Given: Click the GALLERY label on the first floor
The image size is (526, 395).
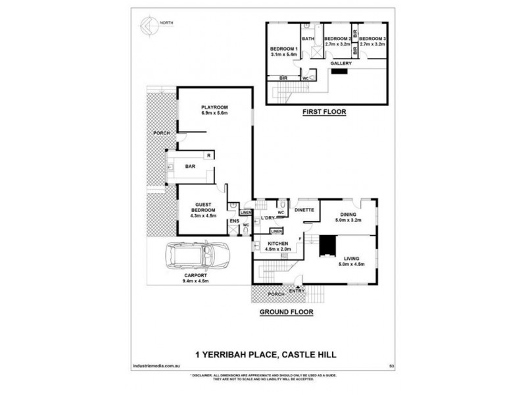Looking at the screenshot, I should [x=341, y=63].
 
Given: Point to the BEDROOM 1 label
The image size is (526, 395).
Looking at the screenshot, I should [x=284, y=49].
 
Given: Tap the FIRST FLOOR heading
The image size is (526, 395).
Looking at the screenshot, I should [x=323, y=113].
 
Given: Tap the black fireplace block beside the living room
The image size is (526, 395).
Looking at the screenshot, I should [x=327, y=246].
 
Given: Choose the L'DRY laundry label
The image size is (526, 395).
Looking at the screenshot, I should [x=268, y=218].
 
